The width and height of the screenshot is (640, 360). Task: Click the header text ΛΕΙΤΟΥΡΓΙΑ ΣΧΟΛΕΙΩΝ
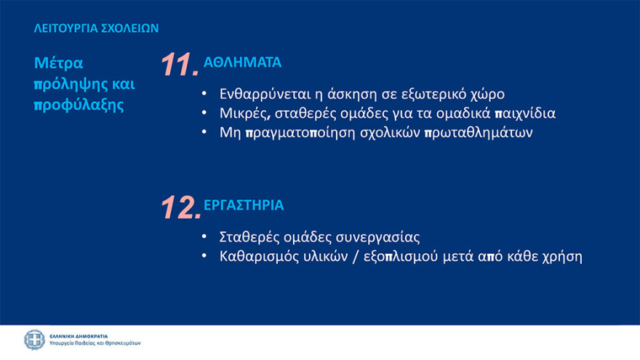(96, 29)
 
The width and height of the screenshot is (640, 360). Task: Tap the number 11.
(178, 65)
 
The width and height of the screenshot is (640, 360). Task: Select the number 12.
(179, 208)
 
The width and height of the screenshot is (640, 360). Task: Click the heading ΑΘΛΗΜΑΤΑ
(242, 63)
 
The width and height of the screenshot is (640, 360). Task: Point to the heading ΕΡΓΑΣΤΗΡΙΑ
(244, 206)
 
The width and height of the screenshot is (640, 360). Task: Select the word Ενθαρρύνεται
(263, 95)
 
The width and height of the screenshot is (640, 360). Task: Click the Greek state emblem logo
(34, 340)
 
